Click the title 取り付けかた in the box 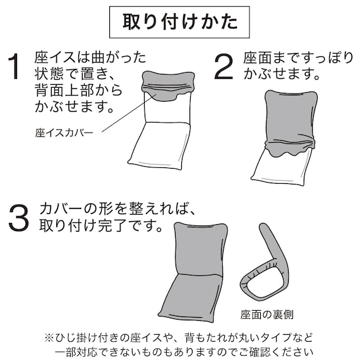point(179,23)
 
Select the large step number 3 point(20,217)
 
